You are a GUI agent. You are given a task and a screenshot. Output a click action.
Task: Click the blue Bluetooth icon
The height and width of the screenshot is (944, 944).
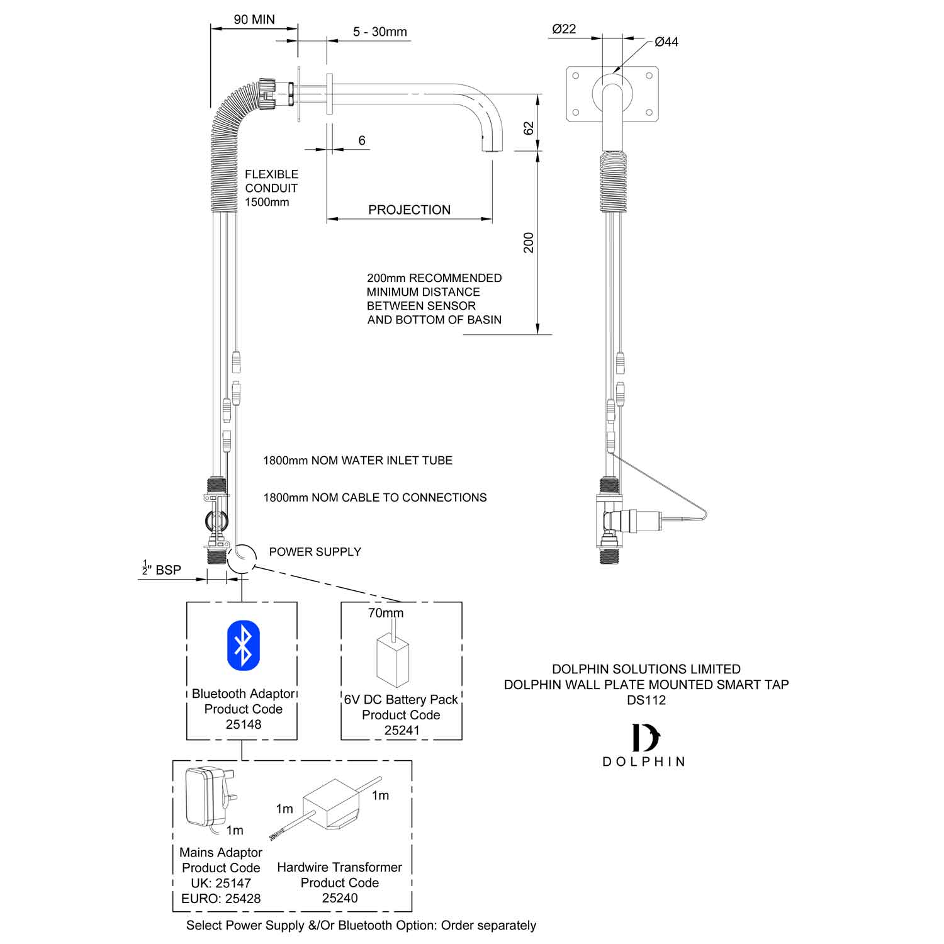pos(243,645)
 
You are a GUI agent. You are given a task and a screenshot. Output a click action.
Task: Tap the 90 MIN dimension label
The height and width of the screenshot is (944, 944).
pos(254,20)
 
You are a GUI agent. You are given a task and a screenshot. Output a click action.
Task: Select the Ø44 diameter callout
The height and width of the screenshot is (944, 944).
pos(666,42)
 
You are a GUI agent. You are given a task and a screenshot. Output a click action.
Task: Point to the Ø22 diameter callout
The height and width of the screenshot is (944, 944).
pos(564,29)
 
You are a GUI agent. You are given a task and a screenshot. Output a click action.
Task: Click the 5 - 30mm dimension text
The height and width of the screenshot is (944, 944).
pos(380,31)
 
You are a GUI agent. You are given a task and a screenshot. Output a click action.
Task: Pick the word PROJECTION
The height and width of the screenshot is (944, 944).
pos(409,210)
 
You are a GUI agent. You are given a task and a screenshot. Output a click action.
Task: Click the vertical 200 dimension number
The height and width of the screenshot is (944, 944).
pos(529,242)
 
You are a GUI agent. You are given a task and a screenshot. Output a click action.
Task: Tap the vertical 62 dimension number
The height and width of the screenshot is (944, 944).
pos(529,128)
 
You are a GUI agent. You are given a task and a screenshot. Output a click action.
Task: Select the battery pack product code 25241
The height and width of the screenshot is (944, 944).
pos(402,730)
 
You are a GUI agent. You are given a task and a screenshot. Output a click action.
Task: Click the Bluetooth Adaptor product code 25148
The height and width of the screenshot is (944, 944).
pos(243,724)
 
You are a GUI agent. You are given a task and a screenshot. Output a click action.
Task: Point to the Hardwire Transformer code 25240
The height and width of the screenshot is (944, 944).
pos(340,898)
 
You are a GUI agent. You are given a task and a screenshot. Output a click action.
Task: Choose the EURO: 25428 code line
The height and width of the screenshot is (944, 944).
pos(221,899)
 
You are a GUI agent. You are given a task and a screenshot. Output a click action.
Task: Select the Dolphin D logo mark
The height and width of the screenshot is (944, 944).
pos(645,738)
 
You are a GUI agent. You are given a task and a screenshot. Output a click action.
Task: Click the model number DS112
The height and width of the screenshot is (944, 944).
pos(646,700)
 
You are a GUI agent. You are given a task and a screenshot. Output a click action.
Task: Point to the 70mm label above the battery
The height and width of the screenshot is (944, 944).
pos(386,613)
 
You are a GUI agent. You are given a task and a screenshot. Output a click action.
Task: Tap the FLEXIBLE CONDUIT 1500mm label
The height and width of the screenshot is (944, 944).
pos(271,188)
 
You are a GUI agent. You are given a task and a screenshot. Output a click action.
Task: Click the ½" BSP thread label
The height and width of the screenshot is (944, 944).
pos(162,570)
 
